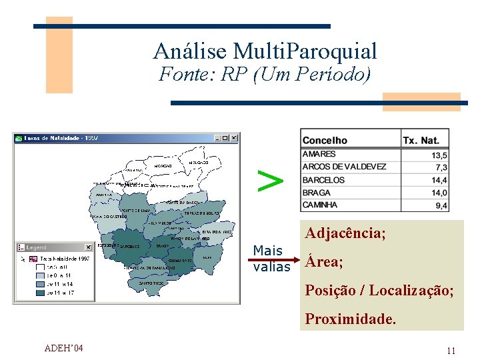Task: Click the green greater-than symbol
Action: [x=270, y=180]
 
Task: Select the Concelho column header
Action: [x=325, y=140]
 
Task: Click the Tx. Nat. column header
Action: [x=421, y=140]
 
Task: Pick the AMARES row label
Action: [x=319, y=154]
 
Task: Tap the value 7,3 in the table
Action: [x=441, y=167]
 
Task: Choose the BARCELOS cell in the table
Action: [x=323, y=180]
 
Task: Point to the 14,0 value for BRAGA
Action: [x=439, y=193]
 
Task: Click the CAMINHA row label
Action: [x=320, y=205]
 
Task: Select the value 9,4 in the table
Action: [x=441, y=206]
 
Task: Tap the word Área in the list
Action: [x=324, y=262]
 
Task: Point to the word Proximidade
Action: [x=351, y=319]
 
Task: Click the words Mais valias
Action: [x=271, y=259]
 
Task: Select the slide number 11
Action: [x=451, y=351]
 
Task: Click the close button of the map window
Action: [x=234, y=138]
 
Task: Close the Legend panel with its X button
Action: [x=88, y=247]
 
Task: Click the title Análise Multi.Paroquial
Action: [x=265, y=51]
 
